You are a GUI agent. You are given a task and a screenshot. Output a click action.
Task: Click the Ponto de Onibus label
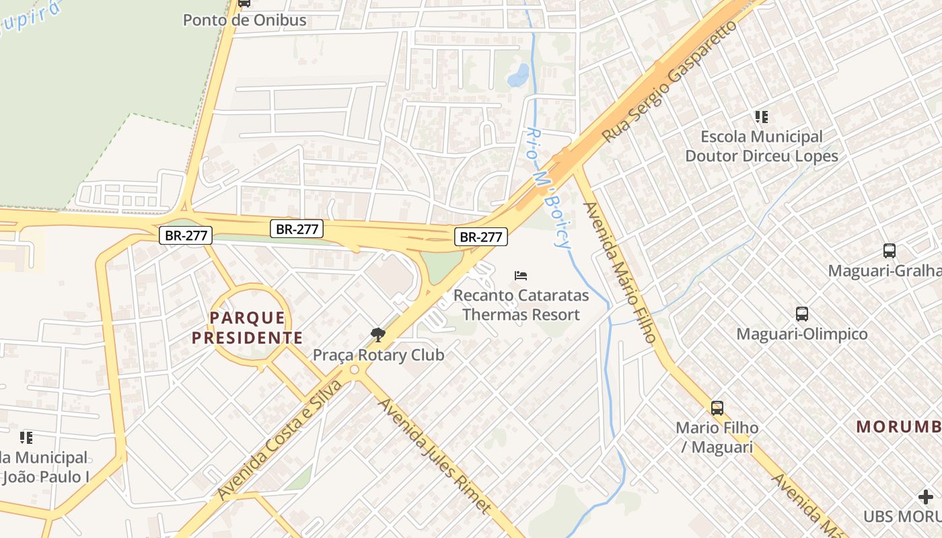tap(245, 20)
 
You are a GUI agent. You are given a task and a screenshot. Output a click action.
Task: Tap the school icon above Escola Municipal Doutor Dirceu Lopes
tap(762, 117)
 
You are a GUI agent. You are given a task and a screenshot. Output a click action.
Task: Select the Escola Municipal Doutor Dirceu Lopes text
tap(762, 147)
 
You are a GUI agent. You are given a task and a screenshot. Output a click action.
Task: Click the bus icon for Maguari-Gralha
tap(890, 251)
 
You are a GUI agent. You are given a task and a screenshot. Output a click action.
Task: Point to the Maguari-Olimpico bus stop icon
tap(802, 314)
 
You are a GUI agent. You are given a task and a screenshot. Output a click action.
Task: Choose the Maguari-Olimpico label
tap(802, 334)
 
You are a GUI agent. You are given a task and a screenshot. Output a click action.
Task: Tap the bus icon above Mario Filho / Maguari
tap(717, 408)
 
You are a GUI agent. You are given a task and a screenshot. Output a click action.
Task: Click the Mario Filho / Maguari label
tap(717, 437)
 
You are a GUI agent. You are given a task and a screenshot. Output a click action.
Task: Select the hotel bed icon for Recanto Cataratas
tap(521, 276)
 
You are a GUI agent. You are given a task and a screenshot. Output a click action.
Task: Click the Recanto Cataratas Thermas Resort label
tap(521, 305)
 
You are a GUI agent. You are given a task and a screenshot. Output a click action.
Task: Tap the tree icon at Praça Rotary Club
tap(378, 334)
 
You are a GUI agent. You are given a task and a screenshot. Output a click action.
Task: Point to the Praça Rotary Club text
tap(378, 355)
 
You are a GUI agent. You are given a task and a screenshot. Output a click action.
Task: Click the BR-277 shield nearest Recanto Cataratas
tap(480, 237)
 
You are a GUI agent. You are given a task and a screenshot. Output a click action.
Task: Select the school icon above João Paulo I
tap(26, 438)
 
